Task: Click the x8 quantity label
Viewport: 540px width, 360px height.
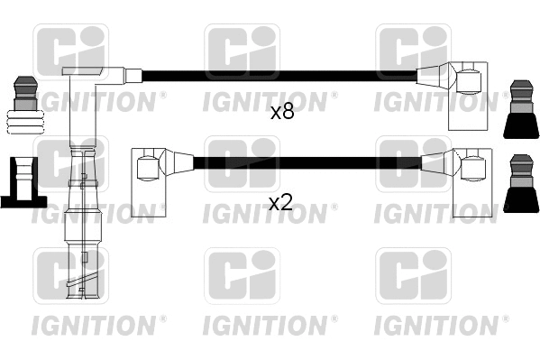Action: [x=282, y=113]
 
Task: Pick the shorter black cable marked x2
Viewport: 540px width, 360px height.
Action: [x=307, y=163]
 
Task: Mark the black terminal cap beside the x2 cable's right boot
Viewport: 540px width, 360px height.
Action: [x=521, y=185]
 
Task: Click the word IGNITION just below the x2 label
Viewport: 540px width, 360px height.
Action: [x=269, y=214]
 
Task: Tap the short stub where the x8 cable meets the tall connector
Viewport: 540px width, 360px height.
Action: [x=133, y=76]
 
